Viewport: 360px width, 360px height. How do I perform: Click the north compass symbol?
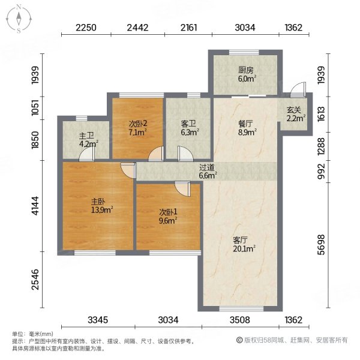(19, 19)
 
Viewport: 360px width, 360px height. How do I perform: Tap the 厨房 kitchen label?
(244, 70)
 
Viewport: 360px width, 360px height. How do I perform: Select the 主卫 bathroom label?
(85, 136)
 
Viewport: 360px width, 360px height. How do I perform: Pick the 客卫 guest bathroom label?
(188, 124)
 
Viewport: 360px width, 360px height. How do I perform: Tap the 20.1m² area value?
(245, 248)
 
